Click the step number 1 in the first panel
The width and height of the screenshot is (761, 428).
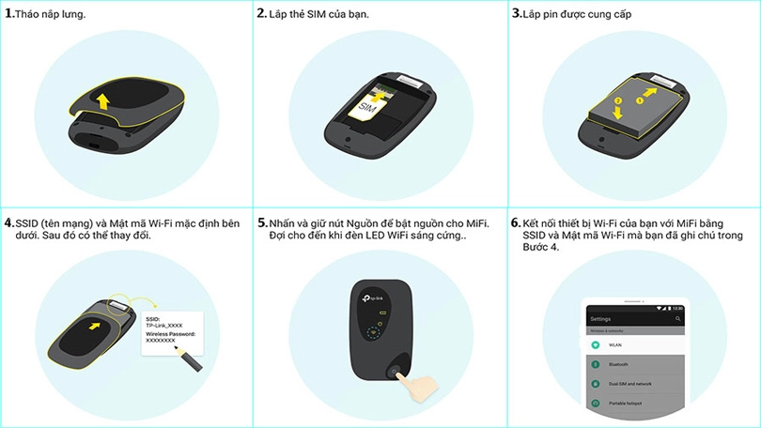click(9, 14)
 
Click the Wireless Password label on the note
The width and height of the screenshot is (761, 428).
click(167, 334)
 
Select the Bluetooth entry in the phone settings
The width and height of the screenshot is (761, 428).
click(619, 364)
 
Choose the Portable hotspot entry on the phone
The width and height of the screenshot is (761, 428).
click(626, 403)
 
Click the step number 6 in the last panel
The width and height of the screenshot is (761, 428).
click(516, 223)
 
